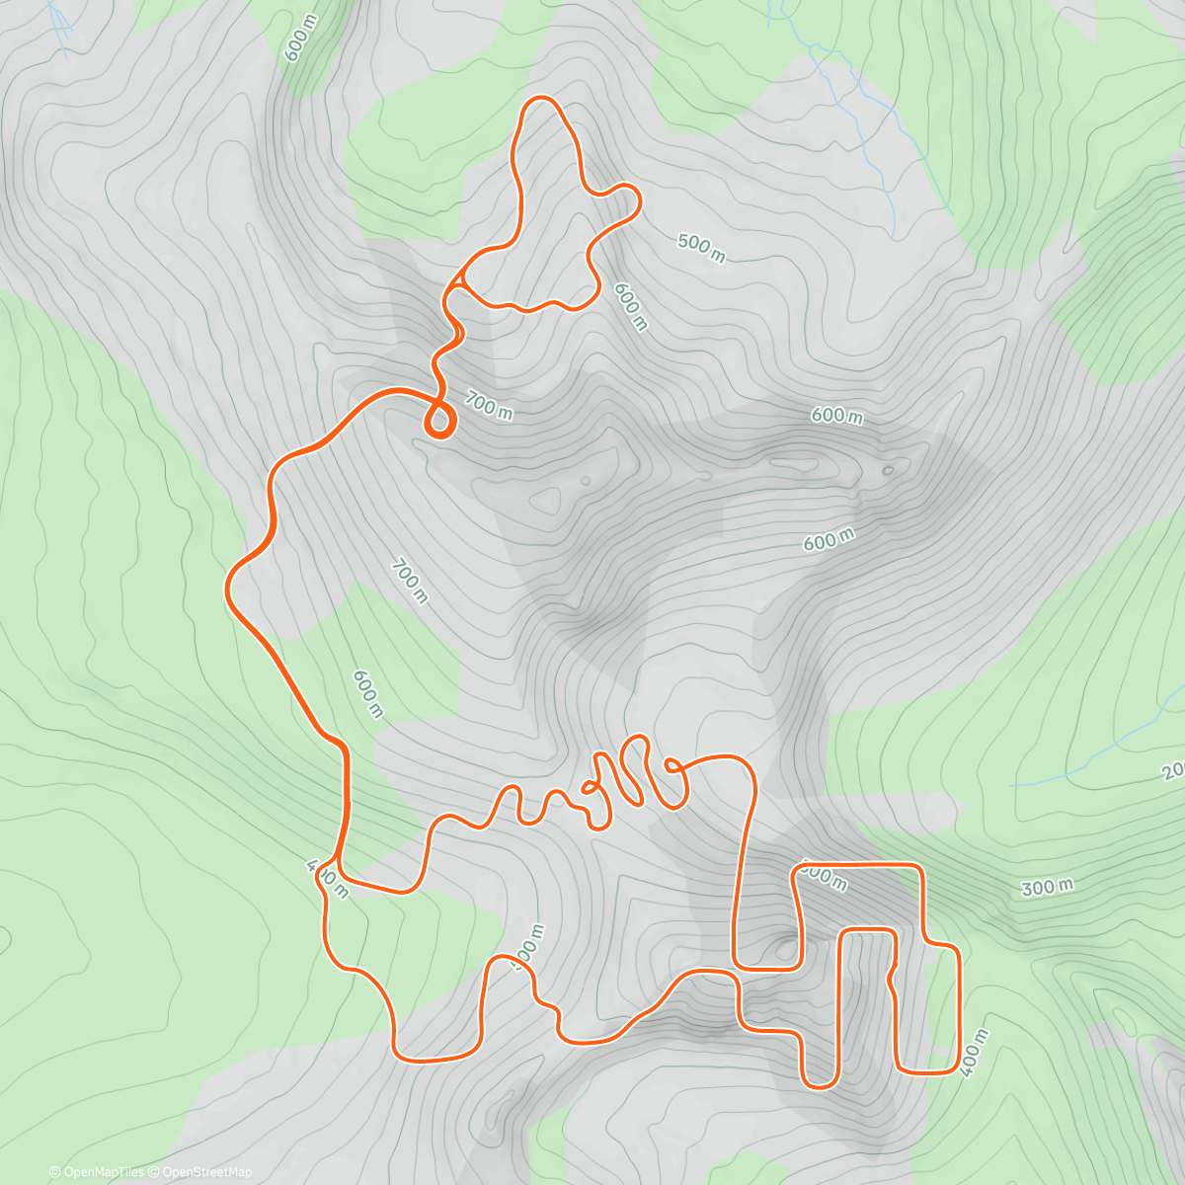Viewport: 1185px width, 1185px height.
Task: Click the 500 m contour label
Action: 702,248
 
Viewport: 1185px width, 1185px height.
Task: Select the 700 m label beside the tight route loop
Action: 489,405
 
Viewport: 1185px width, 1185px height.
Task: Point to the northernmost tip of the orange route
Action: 541,98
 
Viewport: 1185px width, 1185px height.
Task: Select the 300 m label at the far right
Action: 1047,887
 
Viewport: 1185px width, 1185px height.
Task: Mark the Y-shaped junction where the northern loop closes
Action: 457,282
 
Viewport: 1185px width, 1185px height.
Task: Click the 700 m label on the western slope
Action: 409,581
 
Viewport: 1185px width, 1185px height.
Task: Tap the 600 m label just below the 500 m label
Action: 630,306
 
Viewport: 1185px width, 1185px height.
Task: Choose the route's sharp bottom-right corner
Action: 957,1068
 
